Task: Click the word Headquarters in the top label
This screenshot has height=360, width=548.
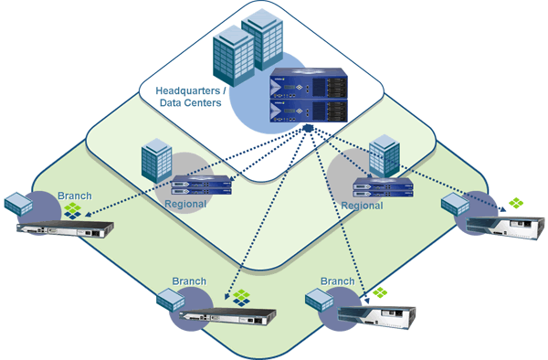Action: tap(187, 90)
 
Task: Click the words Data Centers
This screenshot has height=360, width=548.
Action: tap(191, 102)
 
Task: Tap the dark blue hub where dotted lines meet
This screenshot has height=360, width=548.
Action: tap(308, 128)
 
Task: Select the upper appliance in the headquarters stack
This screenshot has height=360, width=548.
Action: tap(309, 83)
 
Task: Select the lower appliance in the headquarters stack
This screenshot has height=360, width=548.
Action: tap(309, 111)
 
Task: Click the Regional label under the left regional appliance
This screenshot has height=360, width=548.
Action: tap(185, 204)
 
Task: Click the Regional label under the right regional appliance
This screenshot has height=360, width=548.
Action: tap(362, 206)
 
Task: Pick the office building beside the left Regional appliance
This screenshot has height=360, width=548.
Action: tap(156, 160)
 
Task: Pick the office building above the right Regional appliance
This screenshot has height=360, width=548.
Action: tap(385, 155)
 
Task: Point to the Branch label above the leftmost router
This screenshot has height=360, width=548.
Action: tap(75, 196)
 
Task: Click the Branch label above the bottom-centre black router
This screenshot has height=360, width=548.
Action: tap(189, 281)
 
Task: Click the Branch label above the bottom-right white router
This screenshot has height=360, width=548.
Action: tap(337, 281)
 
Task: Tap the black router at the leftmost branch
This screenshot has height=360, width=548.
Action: tap(65, 229)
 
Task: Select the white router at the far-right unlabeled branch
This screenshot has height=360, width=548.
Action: tap(505, 228)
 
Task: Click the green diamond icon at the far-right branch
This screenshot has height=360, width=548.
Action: tap(516, 203)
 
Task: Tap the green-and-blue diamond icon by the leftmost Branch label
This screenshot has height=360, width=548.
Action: tap(73, 211)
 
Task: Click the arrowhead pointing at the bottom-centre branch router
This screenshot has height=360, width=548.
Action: tap(227, 296)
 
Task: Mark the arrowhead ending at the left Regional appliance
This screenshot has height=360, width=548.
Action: tap(232, 179)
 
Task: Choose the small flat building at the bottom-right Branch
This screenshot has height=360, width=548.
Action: tap(319, 300)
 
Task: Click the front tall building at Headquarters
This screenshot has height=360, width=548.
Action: tap(234, 56)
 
